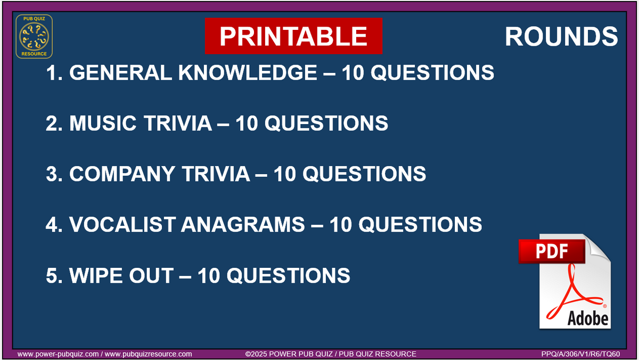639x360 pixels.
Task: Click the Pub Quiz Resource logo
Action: click(34, 36)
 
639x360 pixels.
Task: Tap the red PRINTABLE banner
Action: click(293, 36)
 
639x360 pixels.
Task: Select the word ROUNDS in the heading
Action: click(561, 36)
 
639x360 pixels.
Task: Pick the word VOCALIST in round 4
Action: click(122, 224)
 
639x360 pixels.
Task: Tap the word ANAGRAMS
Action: click(242, 224)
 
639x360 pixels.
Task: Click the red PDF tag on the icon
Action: click(551, 251)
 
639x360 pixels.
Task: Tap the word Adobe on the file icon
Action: click(587, 318)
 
